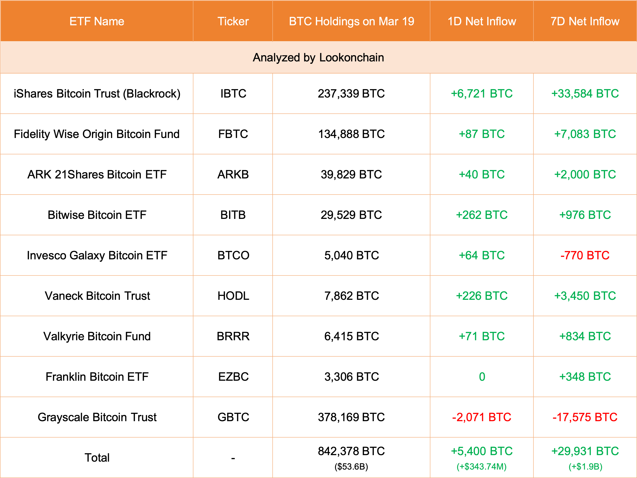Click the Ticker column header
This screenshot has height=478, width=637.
pyautogui.click(x=233, y=21)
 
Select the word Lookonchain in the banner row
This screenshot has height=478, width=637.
pyautogui.click(x=351, y=58)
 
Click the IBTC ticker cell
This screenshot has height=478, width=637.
pyautogui.click(x=233, y=94)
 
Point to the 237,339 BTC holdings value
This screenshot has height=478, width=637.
pyautogui.click(x=351, y=94)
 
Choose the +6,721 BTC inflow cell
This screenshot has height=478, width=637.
pyautogui.click(x=481, y=94)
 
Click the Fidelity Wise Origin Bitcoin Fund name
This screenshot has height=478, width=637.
pyautogui.click(x=97, y=134)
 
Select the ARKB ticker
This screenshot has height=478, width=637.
pyautogui.click(x=233, y=175)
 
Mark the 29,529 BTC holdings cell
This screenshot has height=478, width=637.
pyautogui.click(x=351, y=215)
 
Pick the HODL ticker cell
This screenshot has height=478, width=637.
pyautogui.click(x=233, y=296)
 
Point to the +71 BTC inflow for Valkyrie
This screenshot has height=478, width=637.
pyautogui.click(x=481, y=336)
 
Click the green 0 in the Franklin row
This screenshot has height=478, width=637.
pyautogui.click(x=482, y=377)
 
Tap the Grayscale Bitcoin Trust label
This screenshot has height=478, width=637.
pyautogui.click(x=97, y=417)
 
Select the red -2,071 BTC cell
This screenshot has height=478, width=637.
pyautogui.click(x=481, y=417)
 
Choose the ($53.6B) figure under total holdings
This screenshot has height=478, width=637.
pyautogui.click(x=351, y=466)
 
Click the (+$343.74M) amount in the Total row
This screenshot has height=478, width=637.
pyautogui.click(x=481, y=466)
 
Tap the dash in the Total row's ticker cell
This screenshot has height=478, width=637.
pyautogui.click(x=233, y=458)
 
